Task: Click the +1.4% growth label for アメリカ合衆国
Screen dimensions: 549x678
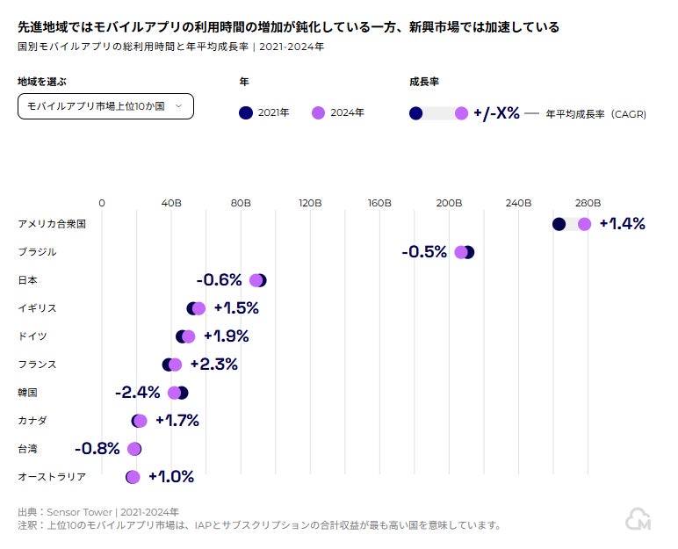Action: click(x=622, y=224)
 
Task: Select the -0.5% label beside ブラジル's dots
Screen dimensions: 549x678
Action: click(x=424, y=252)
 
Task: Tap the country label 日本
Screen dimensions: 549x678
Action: click(x=28, y=280)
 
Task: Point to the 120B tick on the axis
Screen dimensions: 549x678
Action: click(x=310, y=203)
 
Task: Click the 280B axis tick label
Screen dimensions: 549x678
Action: click(x=588, y=203)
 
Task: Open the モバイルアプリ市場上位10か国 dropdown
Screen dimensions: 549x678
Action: click(x=105, y=106)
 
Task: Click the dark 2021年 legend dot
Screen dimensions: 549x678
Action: click(x=246, y=112)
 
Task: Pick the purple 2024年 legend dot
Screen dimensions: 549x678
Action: click(x=318, y=112)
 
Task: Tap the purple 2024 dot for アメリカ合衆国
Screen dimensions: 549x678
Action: click(x=584, y=224)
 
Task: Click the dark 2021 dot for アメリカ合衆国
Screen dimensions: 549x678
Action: click(x=559, y=224)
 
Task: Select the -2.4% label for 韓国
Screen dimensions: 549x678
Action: click(x=138, y=393)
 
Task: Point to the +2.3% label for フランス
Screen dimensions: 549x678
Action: click(x=213, y=365)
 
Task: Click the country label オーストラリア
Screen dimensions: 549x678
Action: click(x=52, y=477)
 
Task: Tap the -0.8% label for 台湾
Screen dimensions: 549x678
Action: click(x=97, y=449)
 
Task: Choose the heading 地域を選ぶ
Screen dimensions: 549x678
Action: click(x=42, y=82)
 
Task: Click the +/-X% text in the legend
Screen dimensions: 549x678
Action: click(x=496, y=113)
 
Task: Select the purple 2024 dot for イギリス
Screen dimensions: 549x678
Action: click(x=198, y=308)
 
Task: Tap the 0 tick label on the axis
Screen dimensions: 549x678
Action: click(x=102, y=203)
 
